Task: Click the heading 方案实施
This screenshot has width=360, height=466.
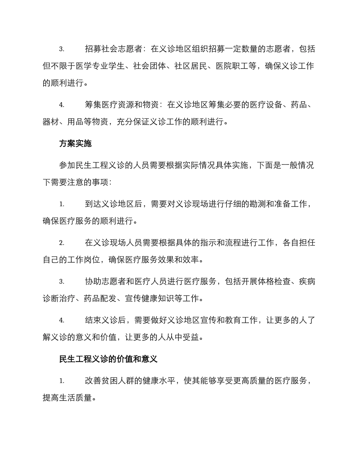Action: pos(75,144)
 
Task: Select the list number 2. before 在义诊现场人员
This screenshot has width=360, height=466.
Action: pos(62,243)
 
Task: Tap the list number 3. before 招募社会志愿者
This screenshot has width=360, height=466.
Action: pos(62,49)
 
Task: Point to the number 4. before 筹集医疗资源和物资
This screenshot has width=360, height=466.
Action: pos(62,105)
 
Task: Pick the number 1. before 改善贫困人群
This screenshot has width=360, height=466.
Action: pos(62,381)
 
